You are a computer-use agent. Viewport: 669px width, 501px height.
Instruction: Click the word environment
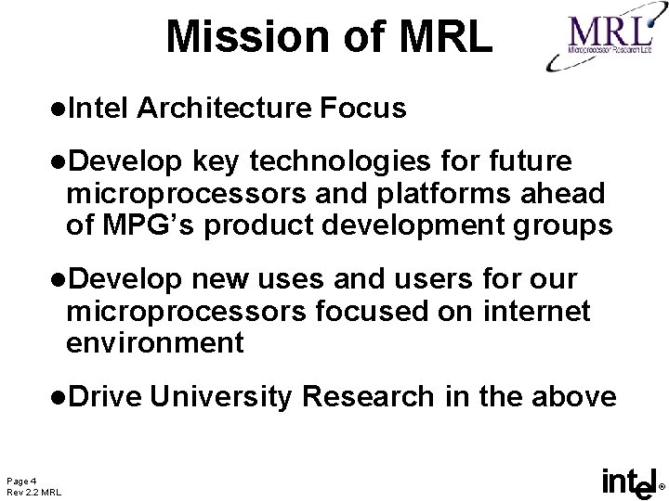(x=154, y=342)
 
